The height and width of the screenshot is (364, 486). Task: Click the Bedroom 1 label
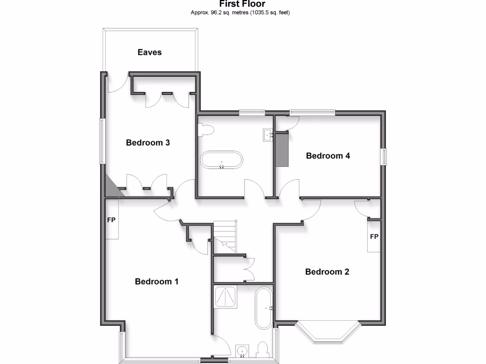(157, 282)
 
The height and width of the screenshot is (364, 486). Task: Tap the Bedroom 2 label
(327, 272)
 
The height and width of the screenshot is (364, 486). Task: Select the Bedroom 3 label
(148, 142)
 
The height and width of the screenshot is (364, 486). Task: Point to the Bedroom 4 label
(328, 155)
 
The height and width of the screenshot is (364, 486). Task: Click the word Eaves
(150, 52)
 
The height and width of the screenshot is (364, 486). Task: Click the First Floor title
(243, 4)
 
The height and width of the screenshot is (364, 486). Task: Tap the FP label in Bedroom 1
(112, 220)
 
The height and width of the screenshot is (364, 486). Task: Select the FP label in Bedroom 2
(374, 237)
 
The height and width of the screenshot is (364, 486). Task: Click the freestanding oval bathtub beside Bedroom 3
(221, 160)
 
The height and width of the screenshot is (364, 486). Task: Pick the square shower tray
(225, 297)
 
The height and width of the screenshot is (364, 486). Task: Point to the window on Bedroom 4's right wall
(384, 157)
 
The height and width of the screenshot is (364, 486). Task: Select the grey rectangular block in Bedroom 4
(283, 150)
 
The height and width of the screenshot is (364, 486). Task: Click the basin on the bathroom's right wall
(267, 135)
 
